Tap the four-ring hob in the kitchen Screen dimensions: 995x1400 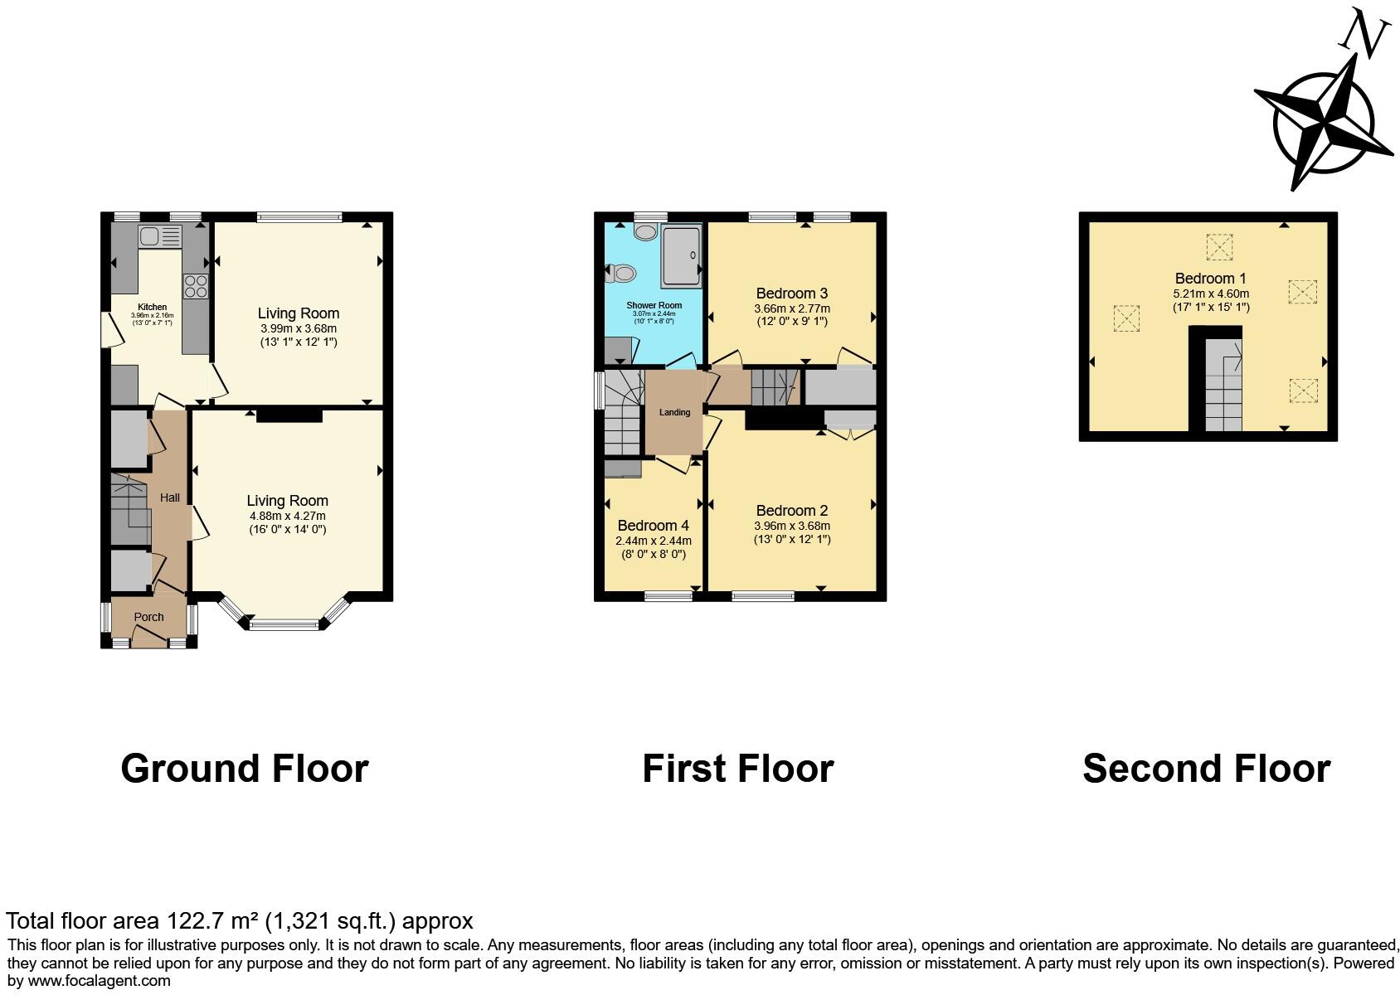pos(197,286)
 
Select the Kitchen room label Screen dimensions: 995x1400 pos(152,307)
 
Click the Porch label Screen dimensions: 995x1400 pos(149,617)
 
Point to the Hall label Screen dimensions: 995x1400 pos(170,498)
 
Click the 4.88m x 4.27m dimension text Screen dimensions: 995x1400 pos(287,516)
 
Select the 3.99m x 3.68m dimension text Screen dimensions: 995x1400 pos(299,328)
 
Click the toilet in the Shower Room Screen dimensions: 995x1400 pos(621,272)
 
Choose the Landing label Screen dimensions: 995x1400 pos(674,412)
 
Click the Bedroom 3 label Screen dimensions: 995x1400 pos(791,293)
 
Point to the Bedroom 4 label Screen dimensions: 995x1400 pos(653,525)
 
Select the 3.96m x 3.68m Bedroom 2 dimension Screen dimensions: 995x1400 pos(791,526)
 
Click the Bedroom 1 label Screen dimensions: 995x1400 pos(1210,278)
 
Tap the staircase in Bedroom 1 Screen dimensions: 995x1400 pos(1223,386)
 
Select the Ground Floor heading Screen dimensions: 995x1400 pos(245,769)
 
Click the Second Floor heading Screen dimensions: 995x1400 pos(1206,769)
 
